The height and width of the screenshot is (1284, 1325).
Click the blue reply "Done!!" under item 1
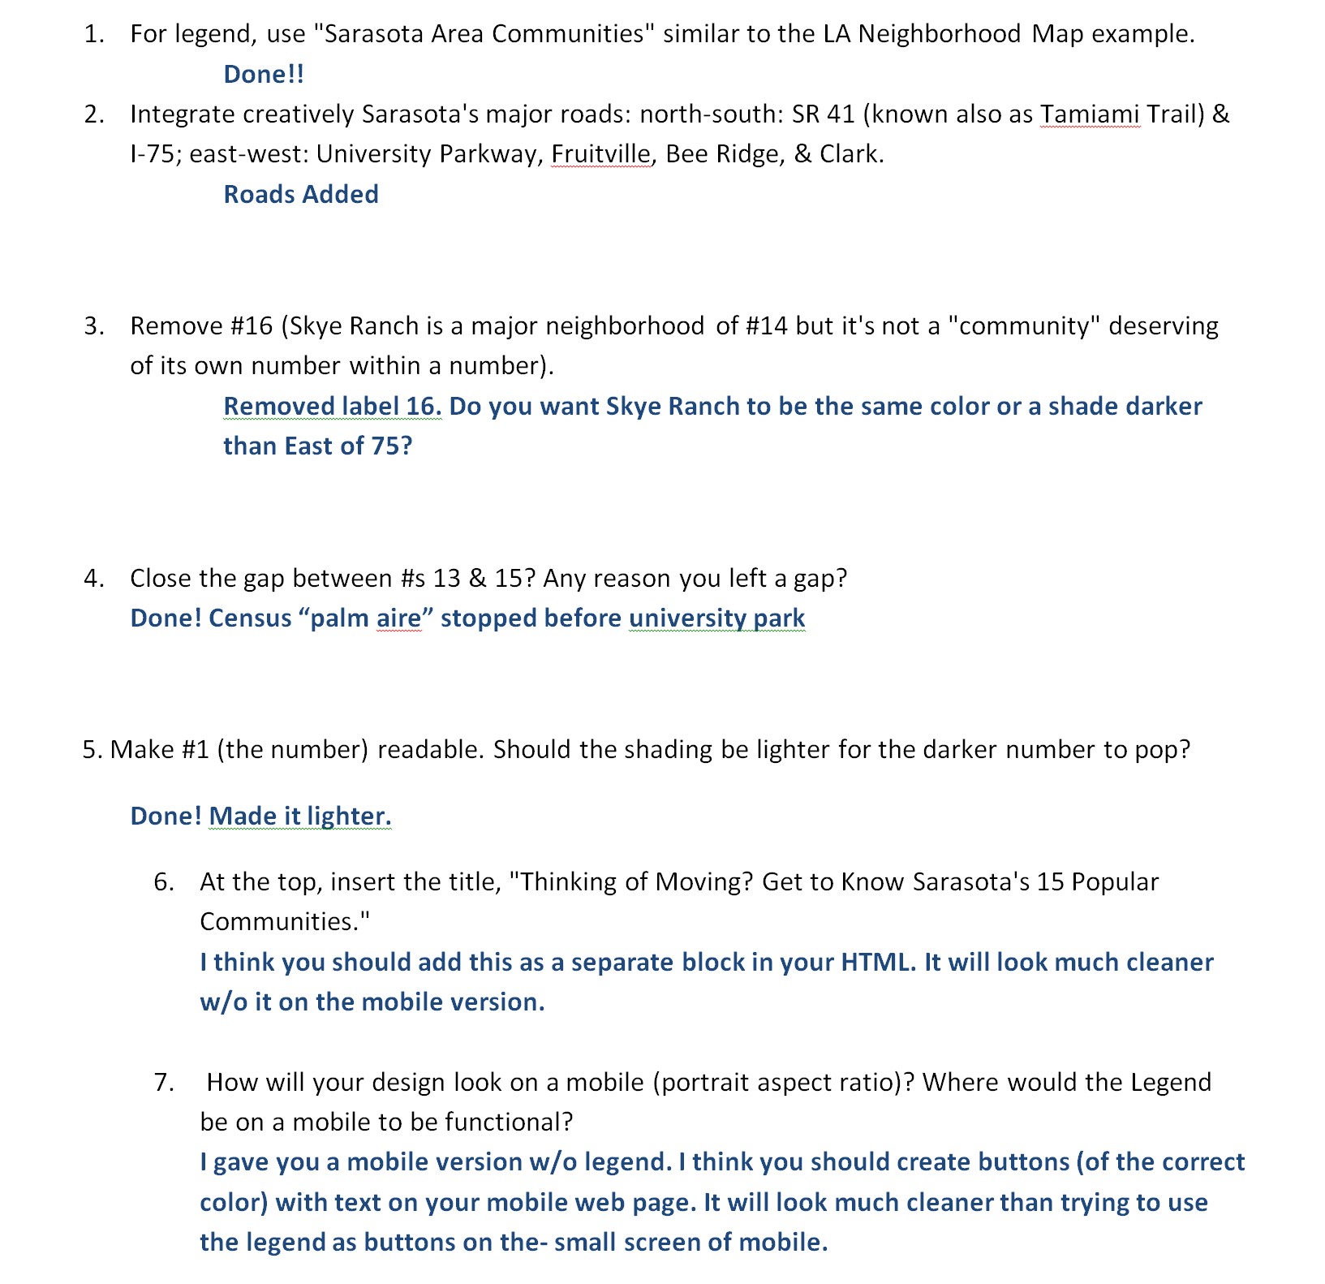point(264,74)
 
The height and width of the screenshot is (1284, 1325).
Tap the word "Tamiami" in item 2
point(1089,114)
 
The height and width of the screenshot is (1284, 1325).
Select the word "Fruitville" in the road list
point(600,153)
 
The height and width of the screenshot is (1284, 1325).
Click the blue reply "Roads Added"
point(301,194)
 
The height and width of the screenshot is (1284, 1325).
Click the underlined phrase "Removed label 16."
point(333,406)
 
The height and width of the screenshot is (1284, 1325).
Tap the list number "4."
point(94,578)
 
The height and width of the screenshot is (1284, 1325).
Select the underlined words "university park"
point(716,618)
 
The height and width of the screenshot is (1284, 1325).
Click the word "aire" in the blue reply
point(398,618)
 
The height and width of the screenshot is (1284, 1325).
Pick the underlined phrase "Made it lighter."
point(300,816)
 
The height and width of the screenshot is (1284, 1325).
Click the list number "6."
point(164,881)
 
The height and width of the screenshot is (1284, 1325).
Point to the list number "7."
point(164,1082)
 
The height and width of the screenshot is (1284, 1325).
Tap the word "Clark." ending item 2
point(852,153)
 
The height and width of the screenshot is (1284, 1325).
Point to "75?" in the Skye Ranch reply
point(392,446)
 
